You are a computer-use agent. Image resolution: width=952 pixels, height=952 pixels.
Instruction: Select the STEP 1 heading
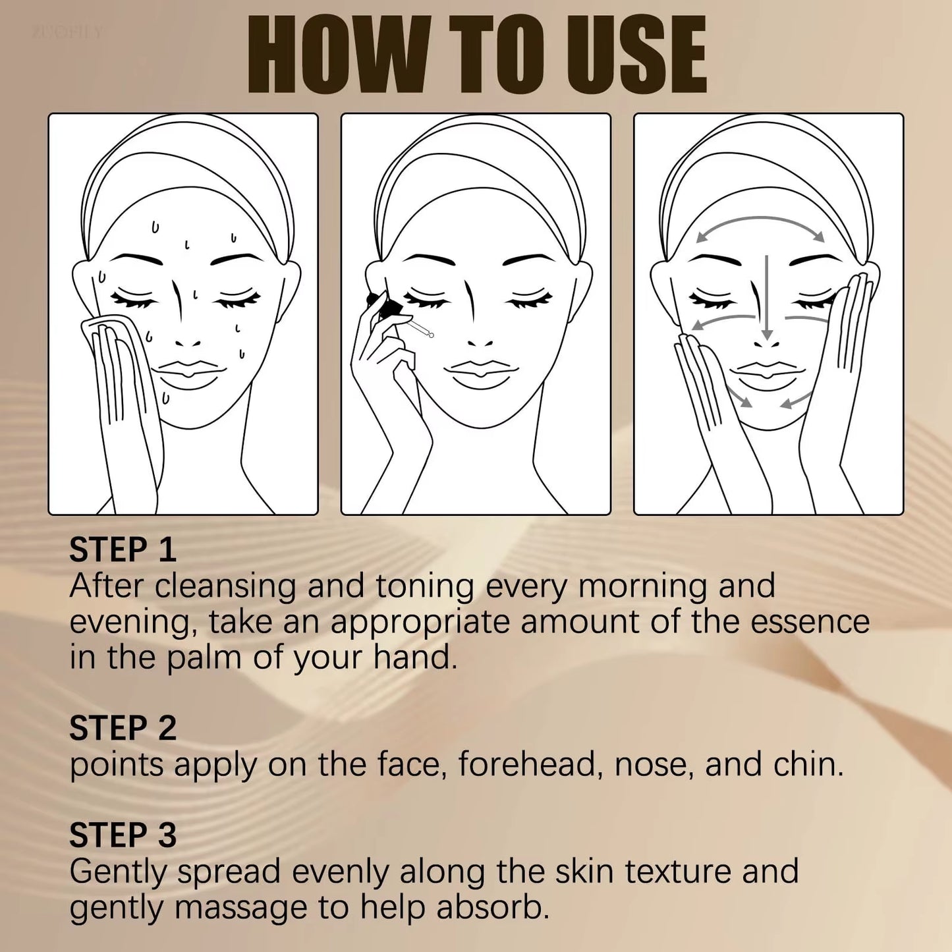[123, 550]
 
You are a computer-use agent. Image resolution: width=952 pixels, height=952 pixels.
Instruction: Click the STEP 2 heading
[123, 729]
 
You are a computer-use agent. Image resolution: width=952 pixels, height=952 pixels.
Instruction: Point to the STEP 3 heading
[123, 835]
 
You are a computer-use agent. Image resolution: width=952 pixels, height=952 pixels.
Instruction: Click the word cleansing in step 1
[226, 586]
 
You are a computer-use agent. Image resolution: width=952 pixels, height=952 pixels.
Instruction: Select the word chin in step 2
[808, 764]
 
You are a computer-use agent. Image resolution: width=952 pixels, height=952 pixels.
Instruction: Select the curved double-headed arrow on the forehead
[760, 221]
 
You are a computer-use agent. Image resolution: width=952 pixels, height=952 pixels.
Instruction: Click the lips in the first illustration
[188, 372]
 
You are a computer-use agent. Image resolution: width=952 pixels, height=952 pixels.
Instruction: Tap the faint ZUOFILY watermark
[67, 32]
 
